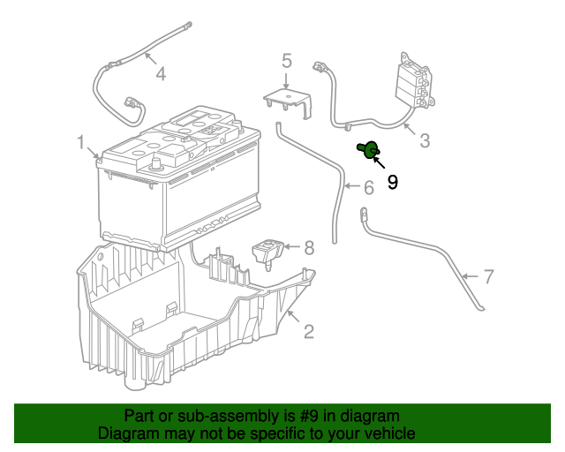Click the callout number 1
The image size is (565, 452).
(x=81, y=142)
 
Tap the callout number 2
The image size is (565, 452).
(x=309, y=331)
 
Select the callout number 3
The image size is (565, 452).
(x=425, y=140)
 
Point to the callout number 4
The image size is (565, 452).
(x=161, y=73)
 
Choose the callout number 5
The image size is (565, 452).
(x=286, y=61)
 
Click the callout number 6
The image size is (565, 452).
(x=369, y=187)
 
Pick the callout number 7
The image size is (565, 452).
(x=488, y=276)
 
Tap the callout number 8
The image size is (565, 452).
(x=309, y=248)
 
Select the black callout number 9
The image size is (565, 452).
(x=392, y=182)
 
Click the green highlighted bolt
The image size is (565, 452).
(x=368, y=149)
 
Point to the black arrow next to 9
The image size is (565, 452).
(x=379, y=162)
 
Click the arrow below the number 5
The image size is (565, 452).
(x=286, y=80)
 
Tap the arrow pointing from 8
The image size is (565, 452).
(x=292, y=247)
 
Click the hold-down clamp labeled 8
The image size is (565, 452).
(x=267, y=253)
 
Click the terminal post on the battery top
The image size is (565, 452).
(x=155, y=164)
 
